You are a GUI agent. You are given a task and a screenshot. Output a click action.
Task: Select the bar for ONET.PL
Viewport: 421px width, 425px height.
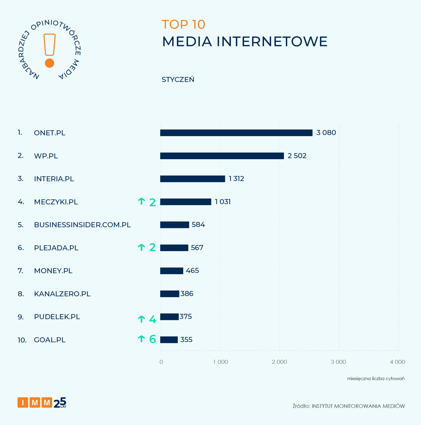point(236,133)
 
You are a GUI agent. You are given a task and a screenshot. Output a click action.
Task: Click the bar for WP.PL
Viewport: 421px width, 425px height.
point(222,156)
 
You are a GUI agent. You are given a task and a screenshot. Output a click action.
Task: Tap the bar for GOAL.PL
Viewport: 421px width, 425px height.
point(169,340)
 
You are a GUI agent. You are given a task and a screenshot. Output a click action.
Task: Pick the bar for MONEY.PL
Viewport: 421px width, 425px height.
point(171,271)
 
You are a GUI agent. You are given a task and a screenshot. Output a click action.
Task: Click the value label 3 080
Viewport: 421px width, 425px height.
point(326,133)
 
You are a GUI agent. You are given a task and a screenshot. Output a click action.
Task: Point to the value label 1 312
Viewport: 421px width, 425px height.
point(236,179)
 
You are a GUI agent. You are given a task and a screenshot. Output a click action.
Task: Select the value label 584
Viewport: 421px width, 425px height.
point(198,225)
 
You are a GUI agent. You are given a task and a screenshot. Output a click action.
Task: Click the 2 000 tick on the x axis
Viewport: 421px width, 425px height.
point(279,362)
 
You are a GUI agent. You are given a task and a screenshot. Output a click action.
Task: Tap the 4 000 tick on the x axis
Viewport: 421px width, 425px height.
point(398,362)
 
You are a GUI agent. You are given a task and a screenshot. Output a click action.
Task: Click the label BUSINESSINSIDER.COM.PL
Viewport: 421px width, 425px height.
point(82,225)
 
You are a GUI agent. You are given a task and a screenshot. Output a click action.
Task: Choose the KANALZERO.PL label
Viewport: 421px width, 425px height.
point(62,294)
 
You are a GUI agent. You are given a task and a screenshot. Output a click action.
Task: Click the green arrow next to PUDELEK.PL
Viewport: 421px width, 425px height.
point(141,319)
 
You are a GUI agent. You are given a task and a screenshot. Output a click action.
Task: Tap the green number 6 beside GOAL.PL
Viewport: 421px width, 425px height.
point(153,339)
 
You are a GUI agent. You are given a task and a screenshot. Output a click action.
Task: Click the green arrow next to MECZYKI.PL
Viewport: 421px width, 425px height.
point(141,201)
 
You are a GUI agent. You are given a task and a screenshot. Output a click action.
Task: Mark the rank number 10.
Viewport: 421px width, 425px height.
point(22,340)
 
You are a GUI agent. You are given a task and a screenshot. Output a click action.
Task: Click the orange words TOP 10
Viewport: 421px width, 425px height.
point(183,24)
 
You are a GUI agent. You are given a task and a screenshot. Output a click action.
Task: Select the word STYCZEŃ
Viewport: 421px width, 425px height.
point(178,80)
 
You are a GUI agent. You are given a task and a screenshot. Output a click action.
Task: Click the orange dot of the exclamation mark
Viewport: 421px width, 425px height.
point(49,63)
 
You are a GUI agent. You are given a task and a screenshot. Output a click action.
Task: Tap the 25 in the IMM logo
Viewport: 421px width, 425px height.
point(60,402)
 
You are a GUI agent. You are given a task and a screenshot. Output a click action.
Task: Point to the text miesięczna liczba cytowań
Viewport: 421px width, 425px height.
point(376,379)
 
